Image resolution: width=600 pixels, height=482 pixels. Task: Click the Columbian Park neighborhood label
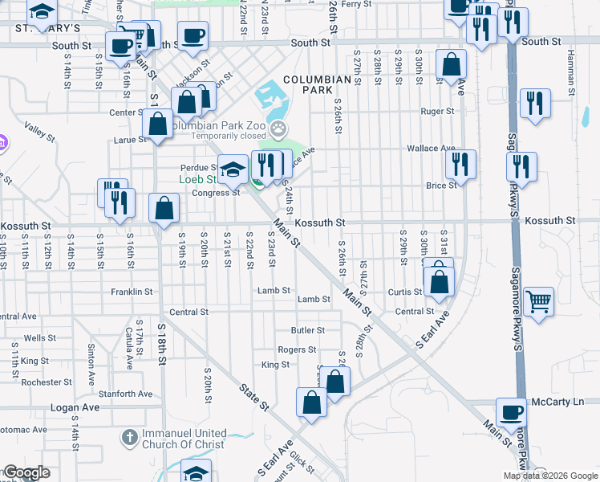point(318,86)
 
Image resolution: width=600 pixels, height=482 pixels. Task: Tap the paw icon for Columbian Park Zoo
point(278,127)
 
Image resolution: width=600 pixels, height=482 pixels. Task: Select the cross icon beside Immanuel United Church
point(129,438)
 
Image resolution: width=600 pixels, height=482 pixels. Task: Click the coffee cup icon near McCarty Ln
point(511,413)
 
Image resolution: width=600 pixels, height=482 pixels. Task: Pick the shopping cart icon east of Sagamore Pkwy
point(539,301)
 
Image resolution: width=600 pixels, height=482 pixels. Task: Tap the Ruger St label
point(437,112)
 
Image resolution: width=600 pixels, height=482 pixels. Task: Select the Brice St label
point(441,185)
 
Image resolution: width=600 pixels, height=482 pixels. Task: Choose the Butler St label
point(307,330)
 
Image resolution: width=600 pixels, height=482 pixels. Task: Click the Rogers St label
point(297,350)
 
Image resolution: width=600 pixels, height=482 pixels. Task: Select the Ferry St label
point(355,4)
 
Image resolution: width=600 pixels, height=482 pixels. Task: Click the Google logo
point(26,472)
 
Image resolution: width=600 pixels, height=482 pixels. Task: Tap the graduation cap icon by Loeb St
point(233,169)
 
